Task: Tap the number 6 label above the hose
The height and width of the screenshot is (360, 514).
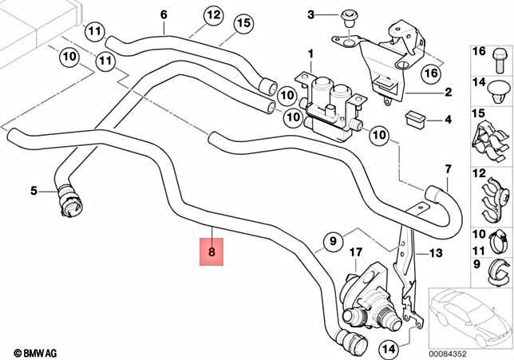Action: coord(164,15)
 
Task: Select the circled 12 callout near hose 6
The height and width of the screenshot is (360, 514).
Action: coord(213,15)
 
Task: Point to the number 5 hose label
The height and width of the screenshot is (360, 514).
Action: coord(34,191)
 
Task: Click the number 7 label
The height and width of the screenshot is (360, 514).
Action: coord(449,169)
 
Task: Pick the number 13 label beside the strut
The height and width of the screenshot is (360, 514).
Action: coord(435,254)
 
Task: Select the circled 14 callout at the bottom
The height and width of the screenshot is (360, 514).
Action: coord(388,348)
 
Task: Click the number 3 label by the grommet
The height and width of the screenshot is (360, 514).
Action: coord(312,14)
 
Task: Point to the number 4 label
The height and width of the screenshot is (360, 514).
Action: coord(448,120)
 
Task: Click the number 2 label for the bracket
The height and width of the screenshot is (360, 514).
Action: coord(448,93)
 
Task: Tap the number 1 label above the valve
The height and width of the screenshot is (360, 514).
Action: coord(310,53)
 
